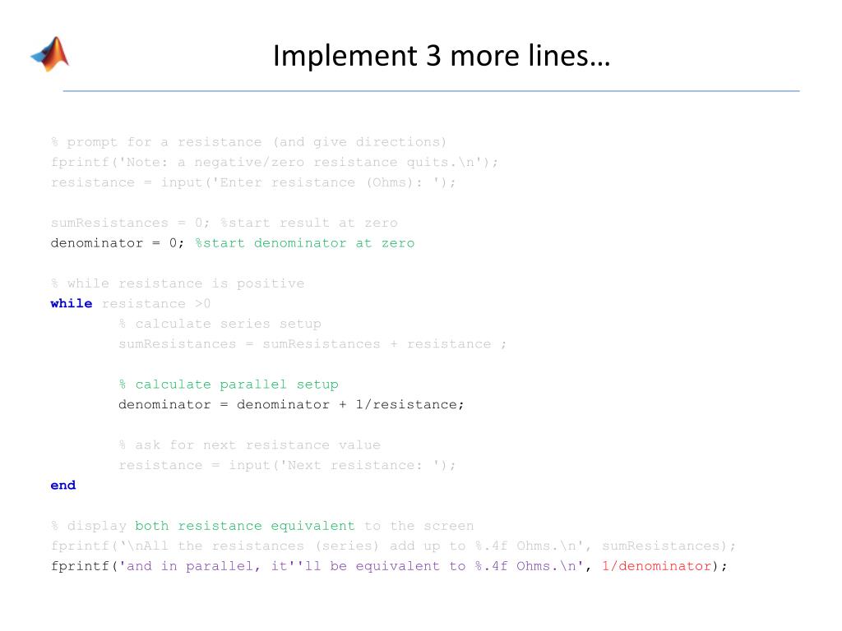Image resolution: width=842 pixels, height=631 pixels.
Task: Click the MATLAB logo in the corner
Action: [x=50, y=54]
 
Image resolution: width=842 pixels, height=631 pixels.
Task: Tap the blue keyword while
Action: [x=72, y=303]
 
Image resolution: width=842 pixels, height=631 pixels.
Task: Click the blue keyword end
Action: [x=63, y=485]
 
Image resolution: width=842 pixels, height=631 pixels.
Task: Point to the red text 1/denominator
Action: [x=656, y=565]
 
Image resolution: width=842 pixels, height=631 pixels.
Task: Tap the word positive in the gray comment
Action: [x=271, y=283]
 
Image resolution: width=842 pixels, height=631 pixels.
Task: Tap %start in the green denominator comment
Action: [x=220, y=243]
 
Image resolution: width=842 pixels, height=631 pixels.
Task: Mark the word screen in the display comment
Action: [x=448, y=525]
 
